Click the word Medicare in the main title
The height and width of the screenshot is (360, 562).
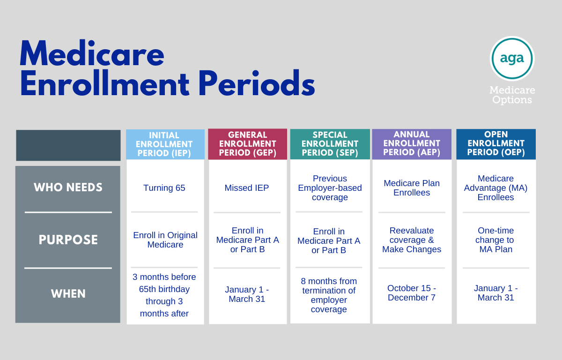click(92, 53)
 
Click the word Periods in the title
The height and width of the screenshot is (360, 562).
click(257, 83)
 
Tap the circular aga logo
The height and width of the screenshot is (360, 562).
click(512, 59)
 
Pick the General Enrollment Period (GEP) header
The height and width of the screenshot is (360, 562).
click(248, 144)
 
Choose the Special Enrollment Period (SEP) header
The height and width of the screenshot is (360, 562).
click(330, 144)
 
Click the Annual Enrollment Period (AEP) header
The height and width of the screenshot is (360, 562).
click(412, 144)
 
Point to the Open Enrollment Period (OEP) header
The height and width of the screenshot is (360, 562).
click(496, 144)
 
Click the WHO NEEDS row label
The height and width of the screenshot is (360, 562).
click(68, 187)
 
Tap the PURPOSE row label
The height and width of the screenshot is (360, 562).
click(68, 240)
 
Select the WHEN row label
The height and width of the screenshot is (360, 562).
click(68, 294)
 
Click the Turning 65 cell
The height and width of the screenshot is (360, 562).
click(164, 188)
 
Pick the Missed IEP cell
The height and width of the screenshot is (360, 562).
click(247, 188)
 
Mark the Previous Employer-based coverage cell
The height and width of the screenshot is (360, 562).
click(330, 188)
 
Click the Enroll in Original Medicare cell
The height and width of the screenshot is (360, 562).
click(165, 240)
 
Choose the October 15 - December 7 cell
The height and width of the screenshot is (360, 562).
click(412, 292)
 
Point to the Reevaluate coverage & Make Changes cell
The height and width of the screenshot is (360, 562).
click(412, 240)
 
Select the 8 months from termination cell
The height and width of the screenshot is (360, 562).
click(329, 295)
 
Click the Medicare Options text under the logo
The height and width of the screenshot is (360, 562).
click(512, 95)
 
